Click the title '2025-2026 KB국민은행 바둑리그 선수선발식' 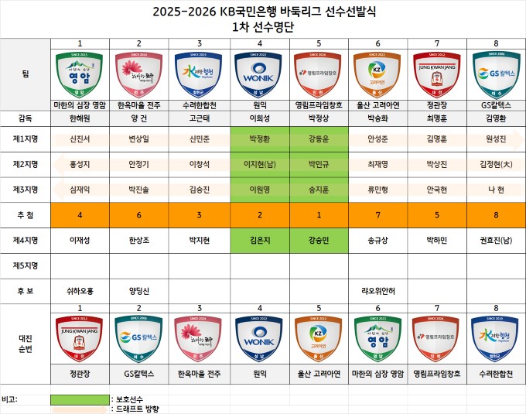click(262, 12)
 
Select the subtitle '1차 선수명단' click(262, 26)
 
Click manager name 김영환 click(496, 118)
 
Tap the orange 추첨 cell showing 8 click(496, 214)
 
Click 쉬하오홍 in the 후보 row click(80, 291)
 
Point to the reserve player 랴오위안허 click(377, 291)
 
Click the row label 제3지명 click(26, 188)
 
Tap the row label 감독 click(26, 118)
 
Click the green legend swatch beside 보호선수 click(80, 399)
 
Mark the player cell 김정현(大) click(496, 164)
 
